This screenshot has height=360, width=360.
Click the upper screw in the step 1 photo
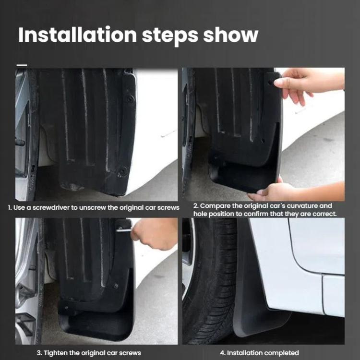[x=129, y=99]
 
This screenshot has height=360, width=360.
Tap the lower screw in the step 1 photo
[x=123, y=170]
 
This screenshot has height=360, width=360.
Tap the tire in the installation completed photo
[x=211, y=278]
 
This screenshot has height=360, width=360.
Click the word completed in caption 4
[x=280, y=353]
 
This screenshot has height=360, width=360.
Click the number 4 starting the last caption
[x=228, y=353]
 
